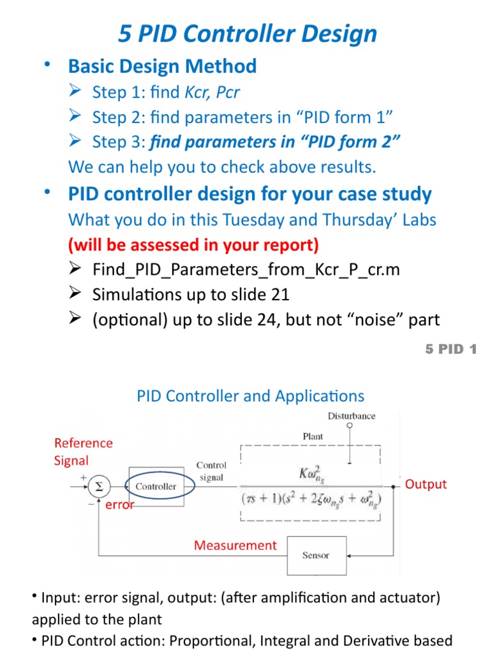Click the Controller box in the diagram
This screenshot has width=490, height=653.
[x=156, y=486]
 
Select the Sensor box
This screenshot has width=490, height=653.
[x=316, y=555]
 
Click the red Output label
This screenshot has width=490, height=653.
[x=426, y=484]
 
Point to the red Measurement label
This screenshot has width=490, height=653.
[x=235, y=545]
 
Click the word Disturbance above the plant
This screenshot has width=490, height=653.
[x=352, y=416]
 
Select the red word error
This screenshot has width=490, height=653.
[x=120, y=505]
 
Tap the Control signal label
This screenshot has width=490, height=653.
[x=211, y=471]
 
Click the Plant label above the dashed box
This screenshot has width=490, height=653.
[x=312, y=437]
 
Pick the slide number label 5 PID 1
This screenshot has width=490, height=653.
[x=450, y=349]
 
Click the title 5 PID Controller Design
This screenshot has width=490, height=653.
[x=248, y=34]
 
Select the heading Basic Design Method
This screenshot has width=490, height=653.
[x=162, y=66]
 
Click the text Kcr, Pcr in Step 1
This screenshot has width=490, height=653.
[x=212, y=92]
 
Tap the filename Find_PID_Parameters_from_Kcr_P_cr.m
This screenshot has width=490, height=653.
[x=246, y=269]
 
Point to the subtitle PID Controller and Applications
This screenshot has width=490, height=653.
[x=251, y=395]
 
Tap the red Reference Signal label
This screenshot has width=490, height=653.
[x=83, y=451]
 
